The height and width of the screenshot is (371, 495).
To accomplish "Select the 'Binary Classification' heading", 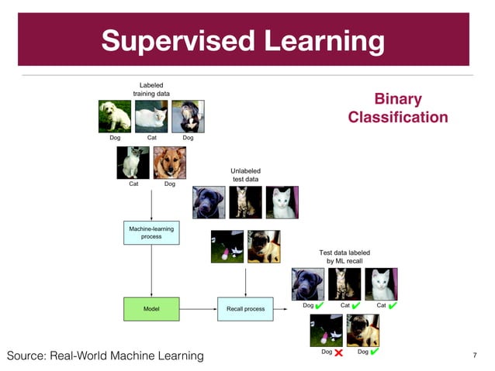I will pyautogui.click(x=397, y=108).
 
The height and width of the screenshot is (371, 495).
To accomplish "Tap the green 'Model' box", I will pyautogui.click(x=151, y=308).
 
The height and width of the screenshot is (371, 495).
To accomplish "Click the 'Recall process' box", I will pyautogui.click(x=245, y=308).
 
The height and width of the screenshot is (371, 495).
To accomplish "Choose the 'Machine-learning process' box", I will pyautogui.click(x=151, y=232).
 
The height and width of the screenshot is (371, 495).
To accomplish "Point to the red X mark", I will pyautogui.click(x=338, y=352).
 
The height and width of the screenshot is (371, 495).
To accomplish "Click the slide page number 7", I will pyautogui.click(x=473, y=356).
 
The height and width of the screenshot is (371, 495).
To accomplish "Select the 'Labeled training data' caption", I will pyautogui.click(x=151, y=89).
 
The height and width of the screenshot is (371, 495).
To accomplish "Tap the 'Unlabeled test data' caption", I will pyautogui.click(x=245, y=174).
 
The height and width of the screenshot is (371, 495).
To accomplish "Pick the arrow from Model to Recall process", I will pyautogui.click(x=198, y=308).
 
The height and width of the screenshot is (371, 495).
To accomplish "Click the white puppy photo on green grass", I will pyautogui.click(x=114, y=116).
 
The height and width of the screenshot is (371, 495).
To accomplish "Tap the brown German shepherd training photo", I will pyautogui.click(x=169, y=163).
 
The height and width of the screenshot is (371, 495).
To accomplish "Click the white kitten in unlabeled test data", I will pyautogui.click(x=281, y=202).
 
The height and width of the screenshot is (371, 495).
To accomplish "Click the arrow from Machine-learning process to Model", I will pyautogui.click(x=151, y=271).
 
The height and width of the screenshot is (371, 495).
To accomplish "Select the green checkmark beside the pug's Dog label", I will pyautogui.click(x=376, y=352).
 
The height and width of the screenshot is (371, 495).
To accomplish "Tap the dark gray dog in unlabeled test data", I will pyautogui.click(x=209, y=202).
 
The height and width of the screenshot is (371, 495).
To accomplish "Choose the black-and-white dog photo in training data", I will pyautogui.click(x=187, y=116).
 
